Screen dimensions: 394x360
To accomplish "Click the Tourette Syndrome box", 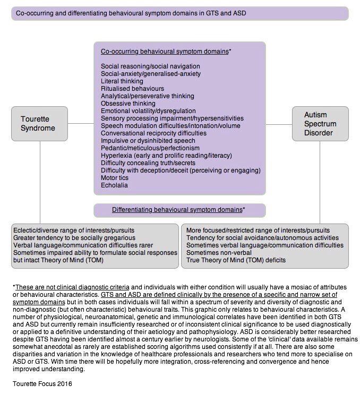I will (x=40, y=124).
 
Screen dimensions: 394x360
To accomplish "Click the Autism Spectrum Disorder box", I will (x=320, y=124).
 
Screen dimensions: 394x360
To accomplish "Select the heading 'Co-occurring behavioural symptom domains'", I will (x=164, y=52).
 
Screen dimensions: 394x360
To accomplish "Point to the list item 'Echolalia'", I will (x=115, y=185).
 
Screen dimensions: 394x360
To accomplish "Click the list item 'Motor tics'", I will (x=115, y=178).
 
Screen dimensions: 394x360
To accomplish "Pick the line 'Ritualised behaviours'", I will (x=132, y=88).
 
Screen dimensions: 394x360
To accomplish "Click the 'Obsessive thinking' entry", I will (x=128, y=103).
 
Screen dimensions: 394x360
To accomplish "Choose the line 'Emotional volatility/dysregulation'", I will (x=149, y=110).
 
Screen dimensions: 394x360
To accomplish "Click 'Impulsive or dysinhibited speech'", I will (x=148, y=140).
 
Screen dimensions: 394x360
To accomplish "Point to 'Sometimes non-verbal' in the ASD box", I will (x=218, y=253).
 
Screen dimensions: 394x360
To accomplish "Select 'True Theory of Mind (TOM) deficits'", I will (x=236, y=260).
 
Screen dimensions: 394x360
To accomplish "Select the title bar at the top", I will (x=179, y=13).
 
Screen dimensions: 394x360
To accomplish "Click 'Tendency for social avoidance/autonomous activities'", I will (x=262, y=238).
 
